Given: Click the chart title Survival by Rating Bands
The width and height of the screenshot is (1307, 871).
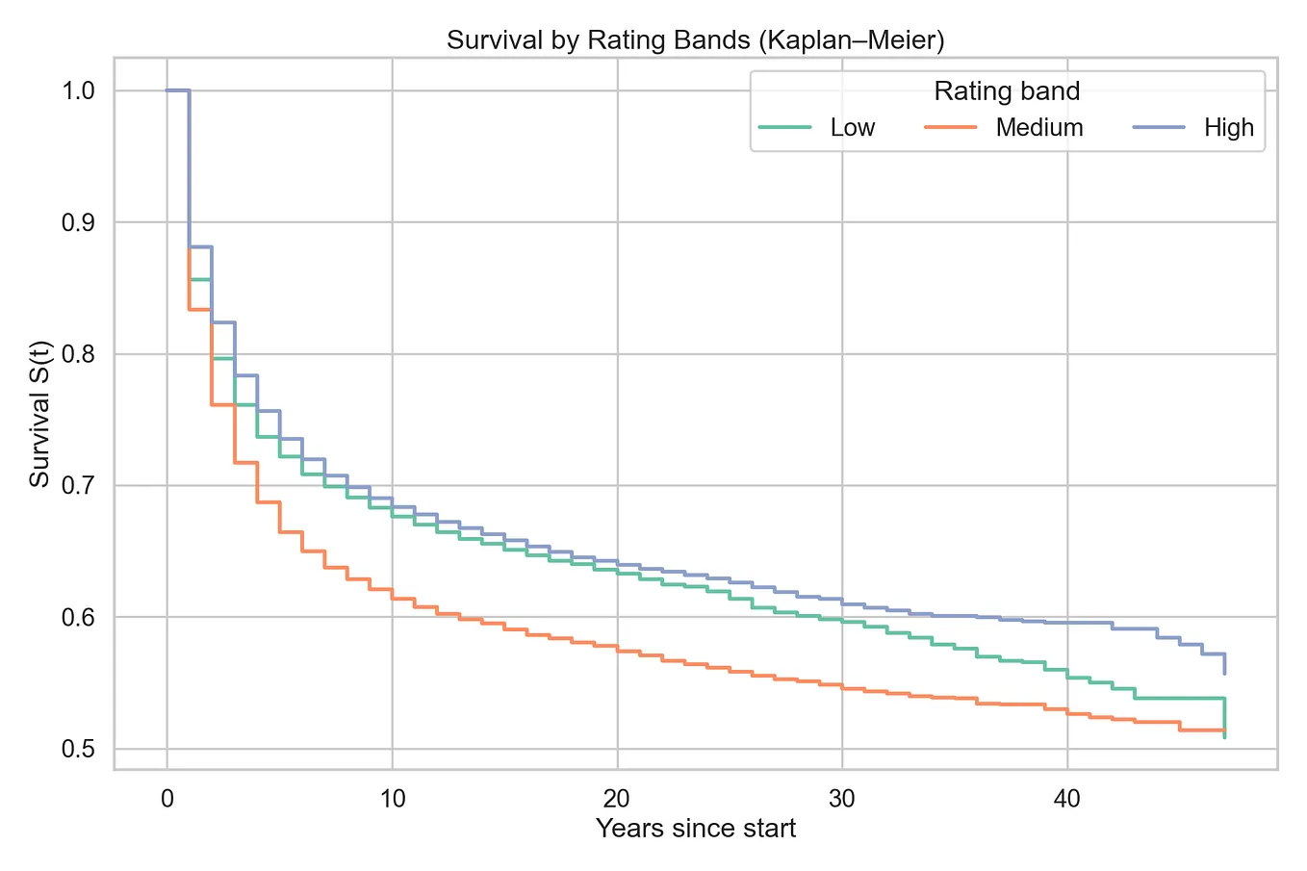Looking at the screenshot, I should (695, 40).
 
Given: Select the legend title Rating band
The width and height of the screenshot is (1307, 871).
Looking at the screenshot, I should (1007, 91).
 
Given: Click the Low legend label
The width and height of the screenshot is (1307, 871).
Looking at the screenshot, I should (852, 128).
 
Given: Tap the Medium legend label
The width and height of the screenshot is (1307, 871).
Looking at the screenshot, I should (1038, 128).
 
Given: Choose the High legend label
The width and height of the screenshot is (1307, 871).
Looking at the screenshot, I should (1228, 128).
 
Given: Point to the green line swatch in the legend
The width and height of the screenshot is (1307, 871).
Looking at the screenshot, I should (785, 128).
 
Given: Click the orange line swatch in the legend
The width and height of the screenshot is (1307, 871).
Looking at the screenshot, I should (950, 128).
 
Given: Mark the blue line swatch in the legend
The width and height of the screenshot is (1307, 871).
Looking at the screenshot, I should (1157, 128).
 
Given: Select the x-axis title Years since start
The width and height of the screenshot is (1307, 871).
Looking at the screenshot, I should (695, 829).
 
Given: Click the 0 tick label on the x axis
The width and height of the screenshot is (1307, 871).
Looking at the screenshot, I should (167, 798).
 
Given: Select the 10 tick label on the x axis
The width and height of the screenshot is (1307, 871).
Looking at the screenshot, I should (392, 798).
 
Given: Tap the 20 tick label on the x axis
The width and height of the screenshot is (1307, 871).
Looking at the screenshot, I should (617, 798).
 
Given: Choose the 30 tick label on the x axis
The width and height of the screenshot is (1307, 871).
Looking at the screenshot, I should (842, 798).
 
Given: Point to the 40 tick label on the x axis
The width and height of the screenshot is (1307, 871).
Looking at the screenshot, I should (1066, 798).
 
